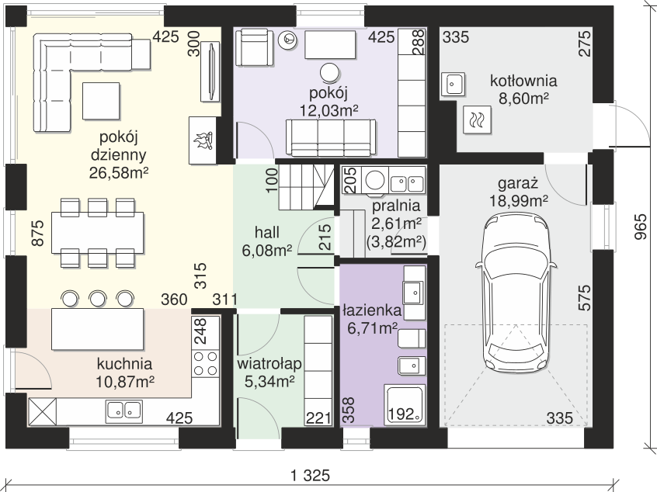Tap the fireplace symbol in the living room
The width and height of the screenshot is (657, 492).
click(203, 140)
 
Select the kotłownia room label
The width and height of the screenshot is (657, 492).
click(523, 81)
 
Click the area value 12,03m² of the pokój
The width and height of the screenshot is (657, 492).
click(328, 110)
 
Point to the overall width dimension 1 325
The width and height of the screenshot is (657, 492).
click(311, 476)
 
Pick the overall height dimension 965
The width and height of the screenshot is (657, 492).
click(640, 227)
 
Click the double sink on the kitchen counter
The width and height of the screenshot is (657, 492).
click(124, 410)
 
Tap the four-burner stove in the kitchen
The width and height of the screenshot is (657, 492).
click(206, 363)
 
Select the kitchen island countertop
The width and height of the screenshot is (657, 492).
click(98, 329)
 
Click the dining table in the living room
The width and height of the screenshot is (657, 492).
click(98, 233)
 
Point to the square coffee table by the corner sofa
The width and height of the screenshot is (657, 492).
click(101, 101)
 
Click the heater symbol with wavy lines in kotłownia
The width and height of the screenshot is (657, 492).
click(478, 120)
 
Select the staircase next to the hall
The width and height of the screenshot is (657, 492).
click(306, 187)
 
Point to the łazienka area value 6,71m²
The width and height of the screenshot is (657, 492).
click(372, 329)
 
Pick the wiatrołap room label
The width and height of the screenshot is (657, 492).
click(269, 364)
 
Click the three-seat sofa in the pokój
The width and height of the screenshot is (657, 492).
click(331, 137)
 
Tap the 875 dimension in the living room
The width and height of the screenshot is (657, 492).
click(37, 233)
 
